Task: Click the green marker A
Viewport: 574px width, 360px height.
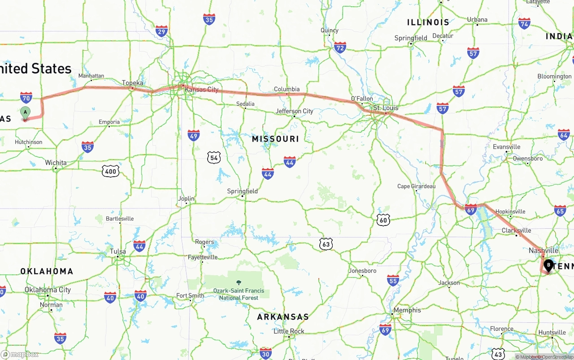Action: (26, 113)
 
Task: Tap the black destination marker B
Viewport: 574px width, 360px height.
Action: (548, 265)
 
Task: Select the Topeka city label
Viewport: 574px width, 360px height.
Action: (133, 83)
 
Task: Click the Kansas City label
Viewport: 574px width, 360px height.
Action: (202, 89)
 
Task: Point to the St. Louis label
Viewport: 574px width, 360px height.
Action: (386, 108)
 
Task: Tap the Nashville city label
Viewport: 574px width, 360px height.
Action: (544, 251)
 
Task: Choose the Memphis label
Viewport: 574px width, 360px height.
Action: (407, 310)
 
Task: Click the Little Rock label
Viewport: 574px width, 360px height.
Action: (289, 331)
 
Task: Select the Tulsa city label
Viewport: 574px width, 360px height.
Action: (118, 252)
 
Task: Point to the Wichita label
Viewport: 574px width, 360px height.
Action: (56, 163)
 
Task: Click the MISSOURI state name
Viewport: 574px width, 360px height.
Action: (275, 139)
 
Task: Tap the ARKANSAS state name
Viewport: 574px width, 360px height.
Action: (283, 317)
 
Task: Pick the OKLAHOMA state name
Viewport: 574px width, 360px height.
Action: (47, 271)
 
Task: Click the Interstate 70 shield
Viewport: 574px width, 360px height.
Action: (26, 97)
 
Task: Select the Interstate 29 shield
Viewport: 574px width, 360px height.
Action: (162, 31)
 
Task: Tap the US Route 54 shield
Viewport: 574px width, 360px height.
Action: (214, 157)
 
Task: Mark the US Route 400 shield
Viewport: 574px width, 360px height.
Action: (110, 171)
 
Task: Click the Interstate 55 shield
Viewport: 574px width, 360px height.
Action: (393, 281)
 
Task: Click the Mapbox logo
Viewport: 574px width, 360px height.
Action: (20, 354)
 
